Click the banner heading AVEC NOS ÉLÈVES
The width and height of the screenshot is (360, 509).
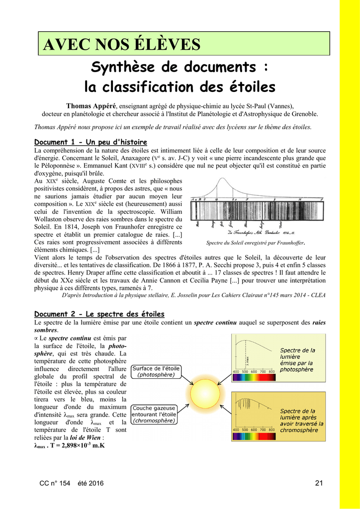click(122, 45)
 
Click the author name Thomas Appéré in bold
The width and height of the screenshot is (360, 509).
click(91, 106)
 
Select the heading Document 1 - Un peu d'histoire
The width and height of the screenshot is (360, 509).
click(90, 142)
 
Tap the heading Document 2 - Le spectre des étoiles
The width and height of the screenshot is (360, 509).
click(99, 314)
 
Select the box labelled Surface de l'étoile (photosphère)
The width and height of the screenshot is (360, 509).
click(156, 371)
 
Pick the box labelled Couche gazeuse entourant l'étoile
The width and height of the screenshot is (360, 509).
click(154, 414)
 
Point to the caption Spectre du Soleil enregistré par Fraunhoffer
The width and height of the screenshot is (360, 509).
click(255, 243)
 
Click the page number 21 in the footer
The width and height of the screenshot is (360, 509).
click(319, 484)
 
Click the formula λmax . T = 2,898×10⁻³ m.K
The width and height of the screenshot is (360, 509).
click(69, 445)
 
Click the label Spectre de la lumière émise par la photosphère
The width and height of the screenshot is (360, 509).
click(297, 360)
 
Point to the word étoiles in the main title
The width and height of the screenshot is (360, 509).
click(250, 87)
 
